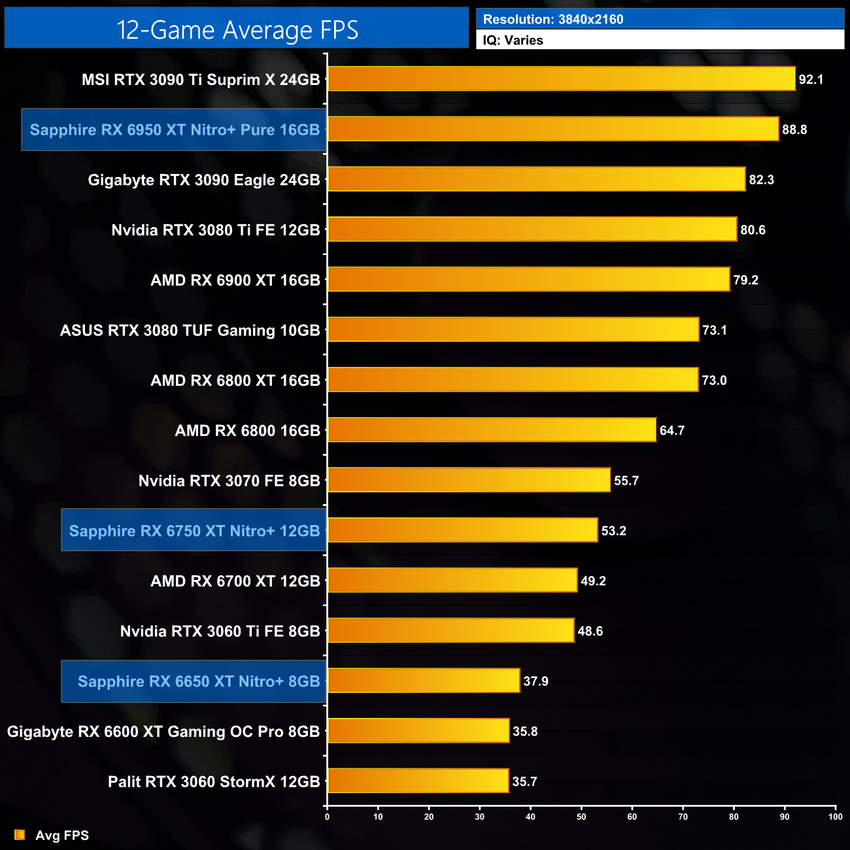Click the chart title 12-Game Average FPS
(x=237, y=30)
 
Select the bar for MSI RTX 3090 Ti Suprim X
(x=561, y=79)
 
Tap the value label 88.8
(x=794, y=129)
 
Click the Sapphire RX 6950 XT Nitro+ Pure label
(x=175, y=129)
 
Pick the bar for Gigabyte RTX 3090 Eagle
(x=536, y=179)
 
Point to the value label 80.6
(x=753, y=229)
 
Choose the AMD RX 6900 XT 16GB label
(x=235, y=280)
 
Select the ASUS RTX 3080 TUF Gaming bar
(x=513, y=330)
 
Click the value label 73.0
(x=714, y=380)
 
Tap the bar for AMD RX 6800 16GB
(x=492, y=430)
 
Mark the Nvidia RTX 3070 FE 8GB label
(x=229, y=481)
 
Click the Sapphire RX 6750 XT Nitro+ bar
(x=462, y=530)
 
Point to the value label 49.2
(x=593, y=581)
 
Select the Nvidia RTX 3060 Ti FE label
(x=220, y=631)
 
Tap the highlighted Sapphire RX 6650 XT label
(x=198, y=681)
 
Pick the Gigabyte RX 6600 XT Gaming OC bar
(x=418, y=731)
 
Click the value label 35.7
(x=524, y=781)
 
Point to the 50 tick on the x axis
(x=581, y=817)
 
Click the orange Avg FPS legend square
(x=20, y=835)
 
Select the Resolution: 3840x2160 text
(x=553, y=19)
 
